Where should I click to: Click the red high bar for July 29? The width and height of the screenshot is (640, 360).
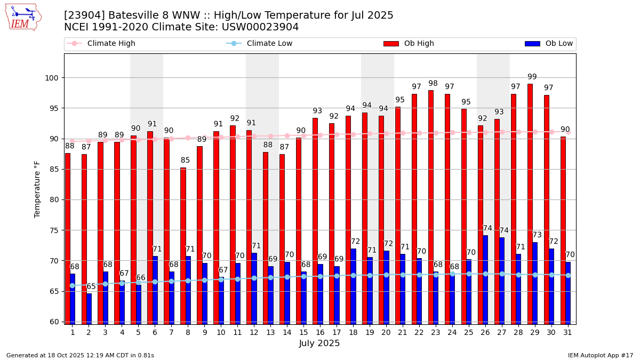[530, 203]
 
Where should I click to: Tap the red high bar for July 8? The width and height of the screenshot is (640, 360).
[183, 245]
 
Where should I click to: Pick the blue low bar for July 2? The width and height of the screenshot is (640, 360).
[89, 308]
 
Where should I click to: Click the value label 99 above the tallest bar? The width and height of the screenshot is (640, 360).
[532, 77]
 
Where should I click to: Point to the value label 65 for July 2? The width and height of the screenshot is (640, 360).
[91, 286]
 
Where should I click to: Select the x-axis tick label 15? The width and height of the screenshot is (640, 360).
[303, 332]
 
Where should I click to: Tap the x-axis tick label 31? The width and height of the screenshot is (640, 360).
[567, 332]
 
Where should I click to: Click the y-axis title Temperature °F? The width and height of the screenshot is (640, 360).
[37, 189]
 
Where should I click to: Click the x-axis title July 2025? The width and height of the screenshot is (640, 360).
[319, 343]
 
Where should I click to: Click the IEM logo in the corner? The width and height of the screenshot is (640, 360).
[23, 17]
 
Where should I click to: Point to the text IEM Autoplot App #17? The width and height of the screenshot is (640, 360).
[601, 355]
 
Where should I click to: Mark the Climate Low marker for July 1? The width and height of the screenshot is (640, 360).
[73, 285]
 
